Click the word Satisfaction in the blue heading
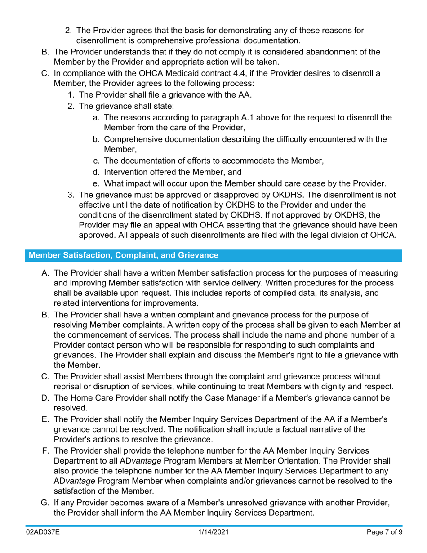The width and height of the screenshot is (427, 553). (x=84, y=255)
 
